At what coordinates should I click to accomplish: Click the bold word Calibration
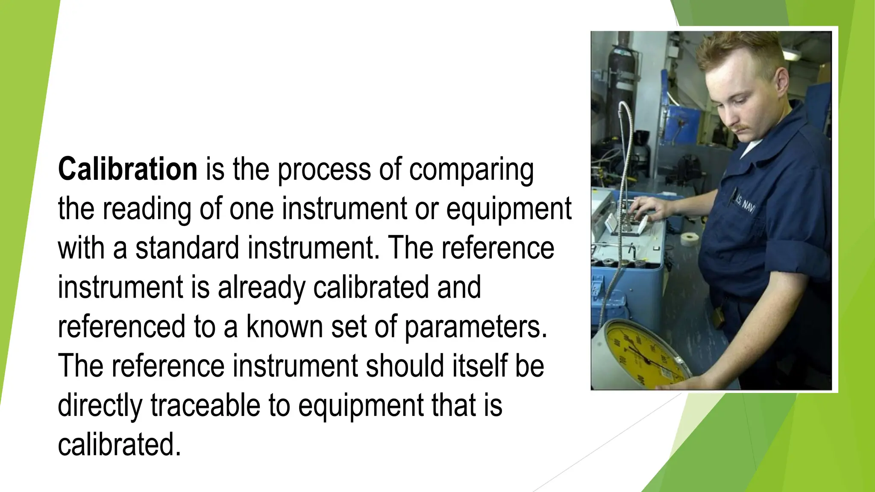click(x=127, y=169)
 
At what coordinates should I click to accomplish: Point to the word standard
click(x=187, y=248)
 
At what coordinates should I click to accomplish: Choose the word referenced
click(x=121, y=327)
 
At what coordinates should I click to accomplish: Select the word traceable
click(x=205, y=405)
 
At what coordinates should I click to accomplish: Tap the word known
click(x=285, y=327)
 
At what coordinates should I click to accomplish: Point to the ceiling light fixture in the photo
click(x=791, y=54)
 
